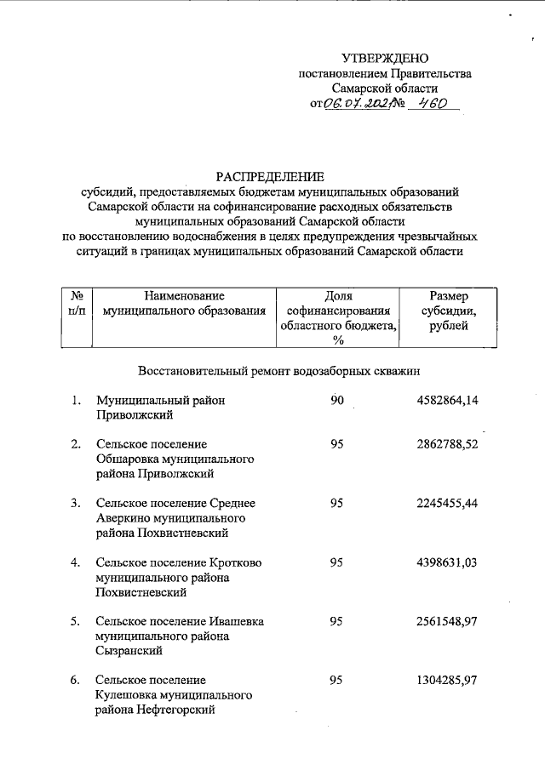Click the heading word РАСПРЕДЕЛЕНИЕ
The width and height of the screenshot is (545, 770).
click(270, 177)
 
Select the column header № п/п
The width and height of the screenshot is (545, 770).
click(77, 304)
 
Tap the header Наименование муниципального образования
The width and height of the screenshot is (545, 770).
click(184, 304)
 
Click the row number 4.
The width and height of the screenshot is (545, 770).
click(76, 562)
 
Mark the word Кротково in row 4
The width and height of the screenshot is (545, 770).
click(236, 562)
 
